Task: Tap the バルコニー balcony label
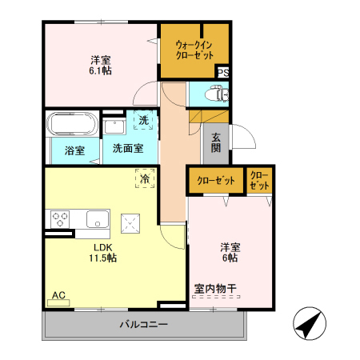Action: point(143,325)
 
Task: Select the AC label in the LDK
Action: point(58,295)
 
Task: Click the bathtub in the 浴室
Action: point(73,125)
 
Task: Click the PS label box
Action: point(223,73)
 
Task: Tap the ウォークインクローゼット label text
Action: point(194,50)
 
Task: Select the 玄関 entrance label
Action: point(217,142)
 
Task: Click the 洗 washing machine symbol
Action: point(143,121)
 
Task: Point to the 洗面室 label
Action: point(127,148)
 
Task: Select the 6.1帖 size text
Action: point(101,70)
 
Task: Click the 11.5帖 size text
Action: point(103,258)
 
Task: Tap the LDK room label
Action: point(103,246)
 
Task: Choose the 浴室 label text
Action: point(63,149)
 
